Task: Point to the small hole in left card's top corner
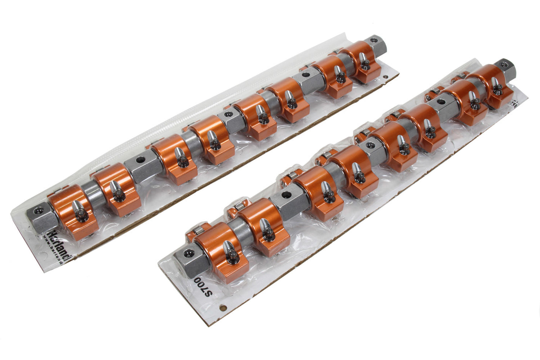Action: click(385, 77)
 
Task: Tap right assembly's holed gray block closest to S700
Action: click(285, 197)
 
